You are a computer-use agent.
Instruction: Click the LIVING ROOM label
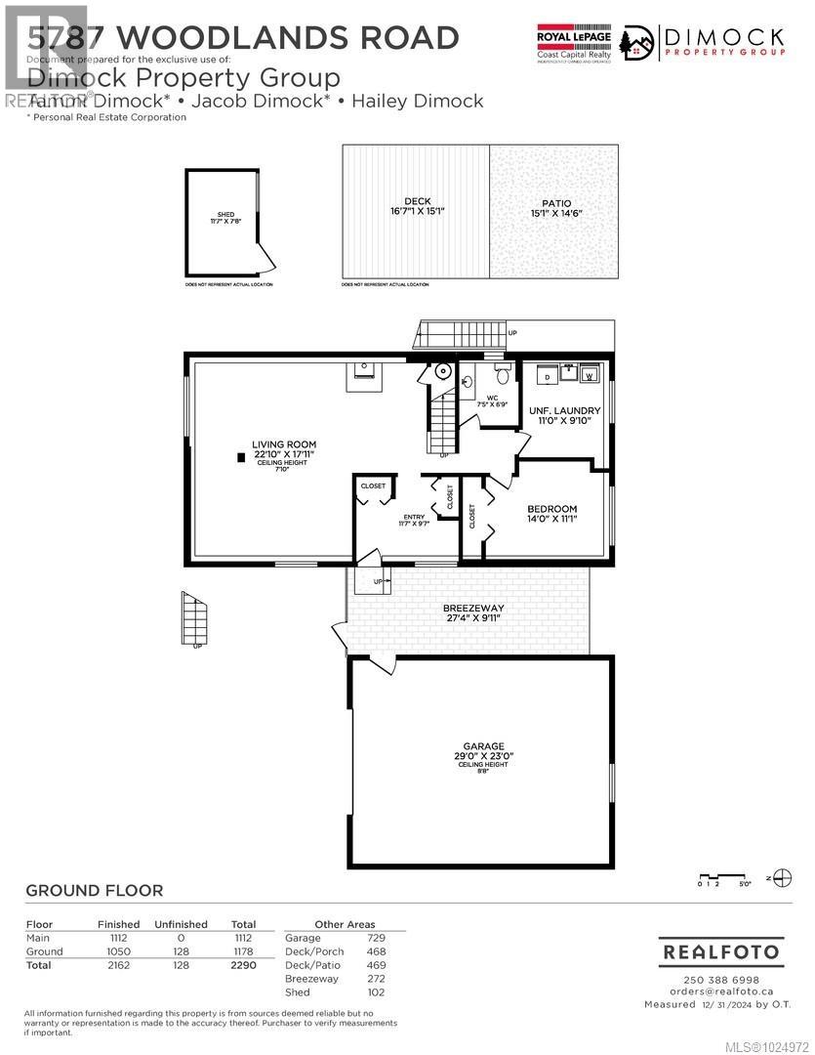(285, 444)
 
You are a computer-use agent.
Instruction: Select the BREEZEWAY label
(470, 608)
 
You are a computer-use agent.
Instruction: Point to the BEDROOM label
(552, 509)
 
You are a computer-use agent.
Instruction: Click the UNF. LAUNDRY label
(565, 410)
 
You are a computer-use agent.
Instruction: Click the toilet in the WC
(504, 374)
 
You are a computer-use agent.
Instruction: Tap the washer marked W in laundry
(589, 374)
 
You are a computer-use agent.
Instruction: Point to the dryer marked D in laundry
(547, 375)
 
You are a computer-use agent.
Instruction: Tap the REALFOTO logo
(721, 950)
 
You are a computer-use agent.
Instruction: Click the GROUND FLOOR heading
(94, 891)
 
